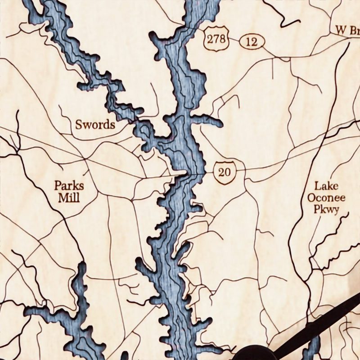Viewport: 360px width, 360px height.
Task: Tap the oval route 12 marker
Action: point(252,43)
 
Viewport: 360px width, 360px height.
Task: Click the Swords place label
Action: point(95,125)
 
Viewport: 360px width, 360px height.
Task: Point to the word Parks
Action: point(69,185)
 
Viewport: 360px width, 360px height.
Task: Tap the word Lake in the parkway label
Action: point(323,185)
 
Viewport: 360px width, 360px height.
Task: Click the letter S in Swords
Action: point(78,125)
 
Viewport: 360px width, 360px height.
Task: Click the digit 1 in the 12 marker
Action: point(248,43)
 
